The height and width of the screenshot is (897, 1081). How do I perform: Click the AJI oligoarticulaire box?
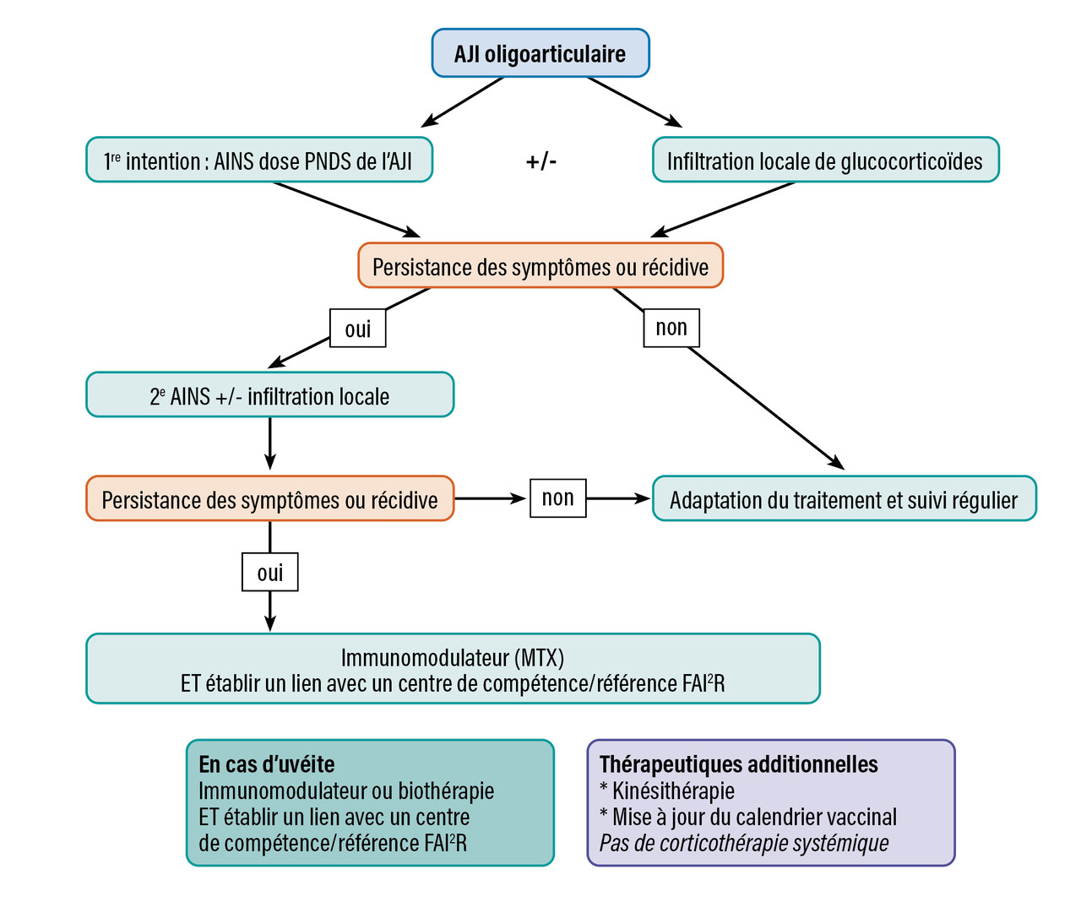click(x=540, y=54)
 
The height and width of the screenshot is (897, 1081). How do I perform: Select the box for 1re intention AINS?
click(x=259, y=160)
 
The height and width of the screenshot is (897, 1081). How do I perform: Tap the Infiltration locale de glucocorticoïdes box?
click(x=825, y=160)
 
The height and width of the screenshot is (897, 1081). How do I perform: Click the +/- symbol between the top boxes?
click(x=541, y=160)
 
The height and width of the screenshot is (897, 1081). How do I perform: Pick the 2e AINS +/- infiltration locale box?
click(x=269, y=395)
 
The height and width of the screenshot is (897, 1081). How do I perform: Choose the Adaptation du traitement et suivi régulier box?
click(x=844, y=499)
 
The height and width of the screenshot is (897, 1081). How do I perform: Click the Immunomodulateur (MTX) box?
click(x=453, y=669)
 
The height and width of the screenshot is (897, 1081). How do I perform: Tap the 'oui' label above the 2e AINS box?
click(x=357, y=329)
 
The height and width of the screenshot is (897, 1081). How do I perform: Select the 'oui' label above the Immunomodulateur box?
click(x=269, y=573)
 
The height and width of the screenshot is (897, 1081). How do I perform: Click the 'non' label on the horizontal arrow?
click(x=557, y=498)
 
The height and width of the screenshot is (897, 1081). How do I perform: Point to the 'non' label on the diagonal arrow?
click(x=671, y=328)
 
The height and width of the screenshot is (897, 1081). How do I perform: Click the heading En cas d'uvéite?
click(x=267, y=764)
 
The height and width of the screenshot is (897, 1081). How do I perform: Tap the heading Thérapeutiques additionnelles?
click(x=739, y=764)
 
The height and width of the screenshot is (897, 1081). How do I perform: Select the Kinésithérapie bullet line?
click(x=667, y=791)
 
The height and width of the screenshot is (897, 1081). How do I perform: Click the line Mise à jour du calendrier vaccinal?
click(x=748, y=817)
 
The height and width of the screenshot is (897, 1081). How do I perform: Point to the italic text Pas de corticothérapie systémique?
click(x=744, y=843)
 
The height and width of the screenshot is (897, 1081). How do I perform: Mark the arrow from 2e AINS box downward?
click(x=269, y=443)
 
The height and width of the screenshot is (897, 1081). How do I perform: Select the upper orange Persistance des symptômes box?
click(x=540, y=266)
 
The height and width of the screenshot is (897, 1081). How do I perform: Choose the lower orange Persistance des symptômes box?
click(x=269, y=499)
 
